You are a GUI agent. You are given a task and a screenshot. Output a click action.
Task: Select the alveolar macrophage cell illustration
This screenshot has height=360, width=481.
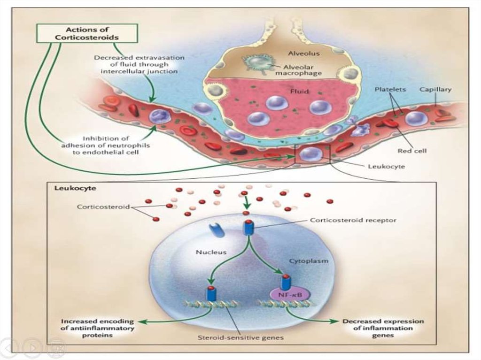click(x=258, y=64)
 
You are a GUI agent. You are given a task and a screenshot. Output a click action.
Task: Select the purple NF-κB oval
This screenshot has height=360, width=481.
click(x=287, y=295)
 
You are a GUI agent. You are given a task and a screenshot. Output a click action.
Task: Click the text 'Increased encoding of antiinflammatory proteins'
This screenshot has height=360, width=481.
click(x=97, y=328)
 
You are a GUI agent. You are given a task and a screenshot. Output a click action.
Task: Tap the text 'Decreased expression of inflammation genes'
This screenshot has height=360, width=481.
click(x=383, y=328)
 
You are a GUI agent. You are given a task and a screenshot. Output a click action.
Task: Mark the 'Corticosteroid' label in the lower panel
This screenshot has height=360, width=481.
click(x=103, y=207)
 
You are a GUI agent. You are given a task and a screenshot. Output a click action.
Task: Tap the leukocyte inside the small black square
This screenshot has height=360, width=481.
click(x=310, y=153)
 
